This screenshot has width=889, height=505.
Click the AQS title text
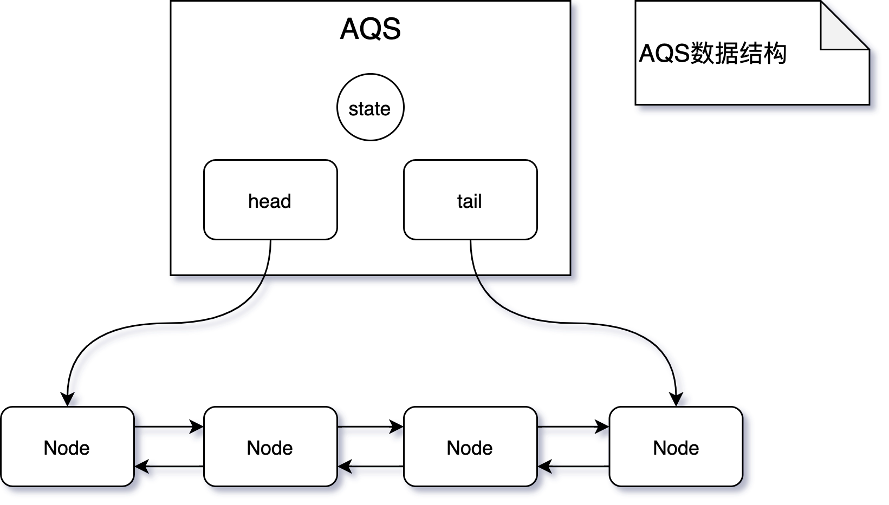[371, 29]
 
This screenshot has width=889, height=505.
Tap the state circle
[371, 107]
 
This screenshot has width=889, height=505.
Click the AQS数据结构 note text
[712, 54]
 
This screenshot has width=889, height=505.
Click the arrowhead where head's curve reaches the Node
[67, 399]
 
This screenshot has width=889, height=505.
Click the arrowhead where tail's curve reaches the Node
[677, 399]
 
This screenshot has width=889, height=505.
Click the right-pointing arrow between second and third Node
[371, 427]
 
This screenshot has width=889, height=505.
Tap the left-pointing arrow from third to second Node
[371, 466]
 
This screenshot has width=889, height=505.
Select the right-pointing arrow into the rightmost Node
[573, 427]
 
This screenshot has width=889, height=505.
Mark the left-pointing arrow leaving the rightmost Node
[573, 466]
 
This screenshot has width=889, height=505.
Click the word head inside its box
[270, 201]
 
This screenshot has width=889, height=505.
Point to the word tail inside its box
[469, 201]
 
